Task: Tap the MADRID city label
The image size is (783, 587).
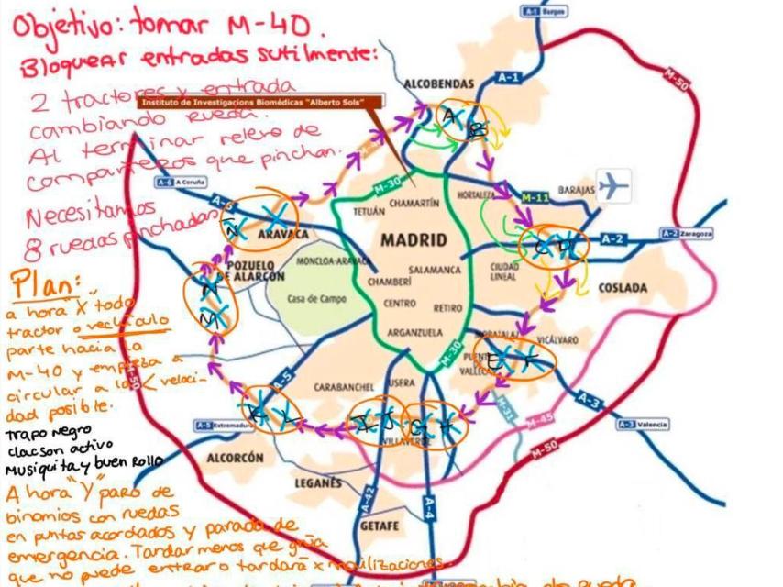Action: coord(414,240)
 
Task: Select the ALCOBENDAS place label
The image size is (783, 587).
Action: coord(439,83)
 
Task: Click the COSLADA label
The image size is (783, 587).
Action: coord(623,287)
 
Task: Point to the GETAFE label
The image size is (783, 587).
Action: coord(380,526)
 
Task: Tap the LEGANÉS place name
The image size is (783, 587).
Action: coord(318,482)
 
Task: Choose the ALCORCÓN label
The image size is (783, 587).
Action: coord(236,457)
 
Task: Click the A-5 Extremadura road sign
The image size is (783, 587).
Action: coord(216,426)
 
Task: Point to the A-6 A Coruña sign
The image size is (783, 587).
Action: coord(181,182)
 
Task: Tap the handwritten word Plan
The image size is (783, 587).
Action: coord(42,280)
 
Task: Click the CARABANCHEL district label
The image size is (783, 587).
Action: coord(341,387)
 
